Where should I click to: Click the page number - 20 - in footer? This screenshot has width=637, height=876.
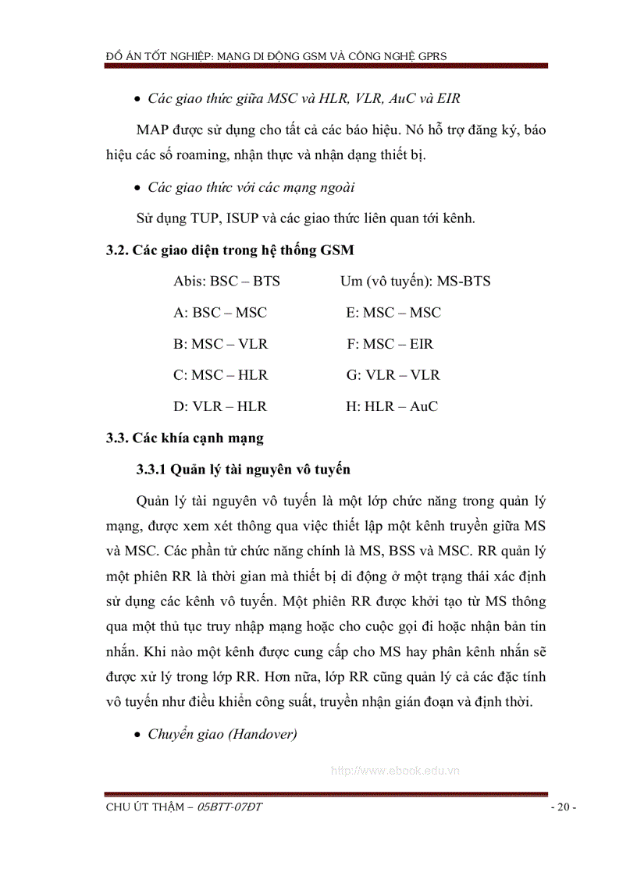563,807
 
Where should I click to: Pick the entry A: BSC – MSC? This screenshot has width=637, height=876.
220,312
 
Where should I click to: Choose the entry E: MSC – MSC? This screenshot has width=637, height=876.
393,312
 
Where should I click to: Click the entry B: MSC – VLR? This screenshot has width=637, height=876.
220,343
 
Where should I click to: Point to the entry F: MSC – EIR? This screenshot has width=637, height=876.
390,343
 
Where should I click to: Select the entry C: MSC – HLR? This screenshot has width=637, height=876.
220,374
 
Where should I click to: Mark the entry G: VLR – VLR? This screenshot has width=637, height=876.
393,374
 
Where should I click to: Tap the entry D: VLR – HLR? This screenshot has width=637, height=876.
220,406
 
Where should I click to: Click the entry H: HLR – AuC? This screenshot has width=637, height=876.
392,406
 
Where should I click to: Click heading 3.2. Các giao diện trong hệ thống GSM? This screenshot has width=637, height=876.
230,250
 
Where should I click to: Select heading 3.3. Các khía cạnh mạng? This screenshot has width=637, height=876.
184,438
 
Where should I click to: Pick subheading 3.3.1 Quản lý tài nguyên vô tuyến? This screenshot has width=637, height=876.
243,469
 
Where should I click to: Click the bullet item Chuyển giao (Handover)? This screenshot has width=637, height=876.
222,734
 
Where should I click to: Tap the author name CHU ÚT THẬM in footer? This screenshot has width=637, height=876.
146,807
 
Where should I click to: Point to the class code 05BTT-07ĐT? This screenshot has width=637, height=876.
230,807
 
